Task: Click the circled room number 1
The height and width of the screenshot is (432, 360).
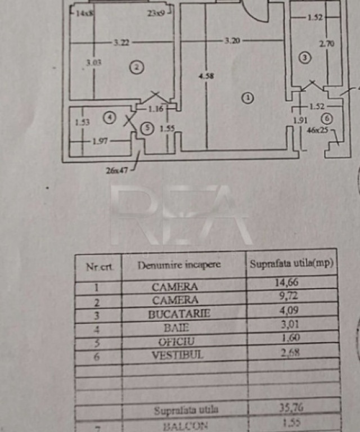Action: click(x=247, y=98)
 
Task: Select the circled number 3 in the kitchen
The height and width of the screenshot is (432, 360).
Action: click(x=305, y=57)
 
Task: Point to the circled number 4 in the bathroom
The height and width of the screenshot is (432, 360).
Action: click(x=110, y=118)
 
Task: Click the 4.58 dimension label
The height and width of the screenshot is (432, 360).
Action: click(x=206, y=75)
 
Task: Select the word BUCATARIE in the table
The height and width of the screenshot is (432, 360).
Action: click(x=179, y=314)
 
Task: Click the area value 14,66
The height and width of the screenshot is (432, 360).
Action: click(x=286, y=282)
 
